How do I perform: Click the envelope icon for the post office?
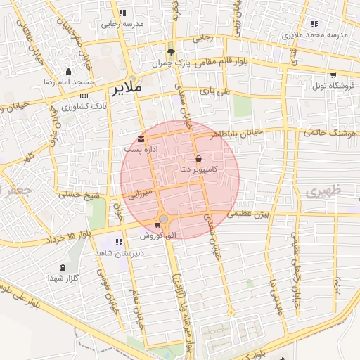pos(143,138)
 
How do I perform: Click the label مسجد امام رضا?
pos(69,82)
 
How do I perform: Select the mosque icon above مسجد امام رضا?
pos(68,71)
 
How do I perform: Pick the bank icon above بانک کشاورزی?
pos(84,96)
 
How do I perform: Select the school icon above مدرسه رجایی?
pos(123,13)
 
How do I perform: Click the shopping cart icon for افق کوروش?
pos(157,224)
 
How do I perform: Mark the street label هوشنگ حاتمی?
pos(330,131)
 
